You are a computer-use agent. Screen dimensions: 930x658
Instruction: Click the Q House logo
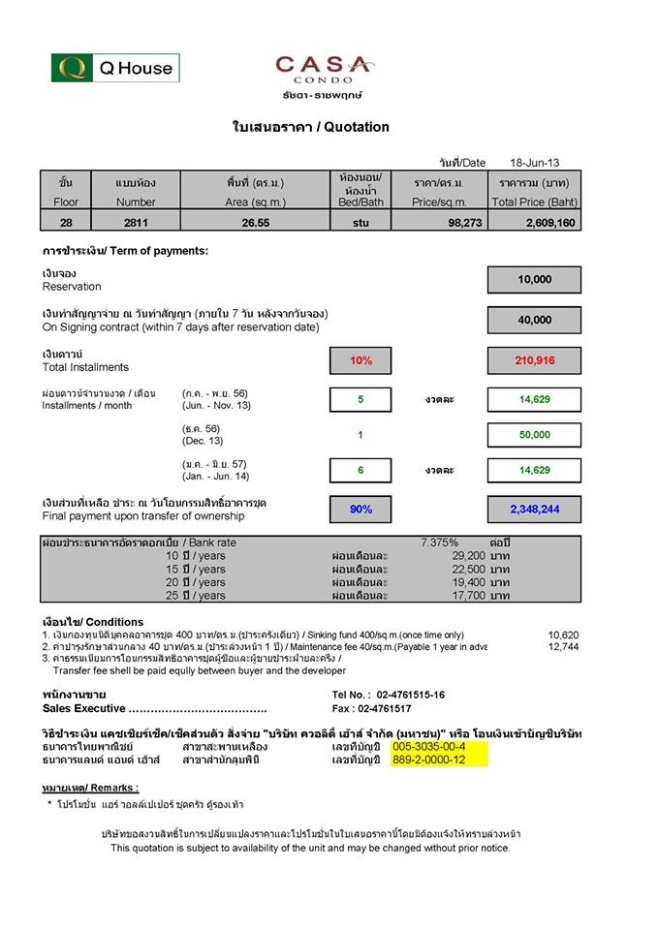click(x=115, y=68)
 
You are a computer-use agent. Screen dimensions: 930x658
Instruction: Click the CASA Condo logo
click(x=323, y=71)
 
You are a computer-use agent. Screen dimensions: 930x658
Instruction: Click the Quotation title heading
click(x=310, y=127)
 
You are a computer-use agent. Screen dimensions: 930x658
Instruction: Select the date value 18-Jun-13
click(x=535, y=163)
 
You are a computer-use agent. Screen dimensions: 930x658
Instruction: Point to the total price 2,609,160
click(x=549, y=223)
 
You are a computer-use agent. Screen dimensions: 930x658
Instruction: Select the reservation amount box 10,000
click(x=534, y=279)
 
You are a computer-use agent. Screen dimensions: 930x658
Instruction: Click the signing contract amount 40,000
click(x=534, y=320)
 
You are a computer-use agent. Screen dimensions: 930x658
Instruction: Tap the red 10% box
click(x=360, y=360)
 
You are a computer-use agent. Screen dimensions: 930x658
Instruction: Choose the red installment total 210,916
click(x=534, y=360)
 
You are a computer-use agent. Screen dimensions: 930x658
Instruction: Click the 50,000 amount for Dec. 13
click(x=534, y=435)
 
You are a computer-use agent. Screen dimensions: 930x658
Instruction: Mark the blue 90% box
click(x=360, y=509)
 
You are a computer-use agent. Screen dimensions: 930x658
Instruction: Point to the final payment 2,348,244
click(x=534, y=509)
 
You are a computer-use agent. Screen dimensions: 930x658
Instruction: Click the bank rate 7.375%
click(x=440, y=542)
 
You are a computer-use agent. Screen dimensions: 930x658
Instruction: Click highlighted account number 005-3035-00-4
click(x=429, y=747)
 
